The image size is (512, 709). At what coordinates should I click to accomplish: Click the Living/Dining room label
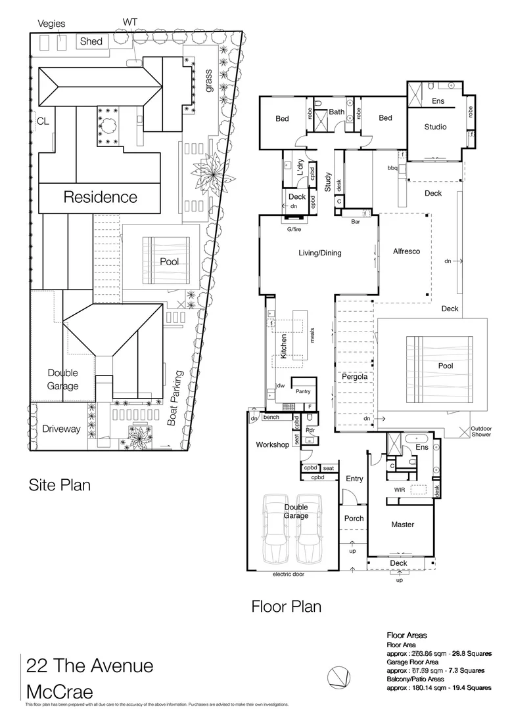click(x=320, y=253)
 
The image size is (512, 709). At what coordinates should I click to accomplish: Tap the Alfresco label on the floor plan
click(x=406, y=251)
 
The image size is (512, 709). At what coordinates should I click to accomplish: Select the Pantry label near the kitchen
click(x=303, y=391)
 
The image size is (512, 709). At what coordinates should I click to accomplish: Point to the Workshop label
click(x=272, y=445)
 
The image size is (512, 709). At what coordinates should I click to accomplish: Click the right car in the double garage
click(x=309, y=530)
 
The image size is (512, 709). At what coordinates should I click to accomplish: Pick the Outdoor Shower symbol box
click(x=477, y=431)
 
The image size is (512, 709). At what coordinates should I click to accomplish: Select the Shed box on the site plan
click(x=91, y=41)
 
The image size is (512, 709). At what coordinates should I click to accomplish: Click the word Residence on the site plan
click(x=100, y=197)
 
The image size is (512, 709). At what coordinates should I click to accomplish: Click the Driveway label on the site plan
click(x=61, y=429)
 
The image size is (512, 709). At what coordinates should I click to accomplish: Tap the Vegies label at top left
click(x=51, y=23)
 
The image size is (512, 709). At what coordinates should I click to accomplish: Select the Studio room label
click(x=435, y=127)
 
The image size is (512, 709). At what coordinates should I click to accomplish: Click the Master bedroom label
click(x=402, y=525)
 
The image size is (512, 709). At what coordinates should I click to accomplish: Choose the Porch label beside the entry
click(x=354, y=518)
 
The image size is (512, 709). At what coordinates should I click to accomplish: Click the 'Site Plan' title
click(x=59, y=485)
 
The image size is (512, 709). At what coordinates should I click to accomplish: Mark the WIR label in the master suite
click(x=399, y=489)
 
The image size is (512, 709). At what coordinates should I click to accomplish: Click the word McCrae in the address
click(x=60, y=691)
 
